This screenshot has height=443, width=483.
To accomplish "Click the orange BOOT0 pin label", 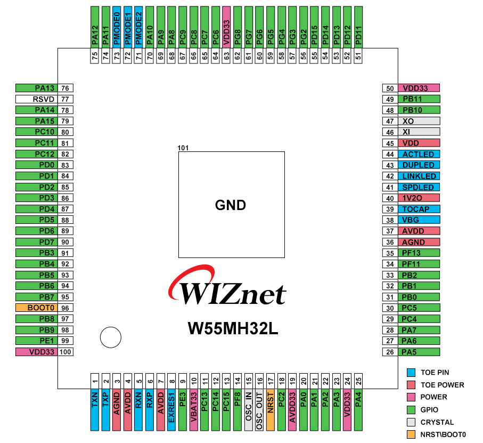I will click(x=36, y=308).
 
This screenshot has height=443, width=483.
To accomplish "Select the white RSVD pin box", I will click(x=36, y=99).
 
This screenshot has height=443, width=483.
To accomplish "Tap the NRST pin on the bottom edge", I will click(x=270, y=409).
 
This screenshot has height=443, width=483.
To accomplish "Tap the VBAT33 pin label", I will click(x=193, y=409).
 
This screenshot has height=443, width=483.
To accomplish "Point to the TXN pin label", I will click(x=95, y=409).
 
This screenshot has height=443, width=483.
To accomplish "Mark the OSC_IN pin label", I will click(x=248, y=409).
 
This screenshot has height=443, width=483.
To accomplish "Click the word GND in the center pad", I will click(x=231, y=205).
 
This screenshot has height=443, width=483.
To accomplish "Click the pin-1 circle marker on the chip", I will click(x=111, y=337).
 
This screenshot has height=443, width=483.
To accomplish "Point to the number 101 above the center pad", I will click(x=184, y=148).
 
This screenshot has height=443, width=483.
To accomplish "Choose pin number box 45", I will click(x=390, y=143).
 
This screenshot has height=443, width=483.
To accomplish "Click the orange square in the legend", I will click(x=411, y=434).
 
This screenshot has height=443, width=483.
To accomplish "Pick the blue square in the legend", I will click(x=411, y=372).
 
